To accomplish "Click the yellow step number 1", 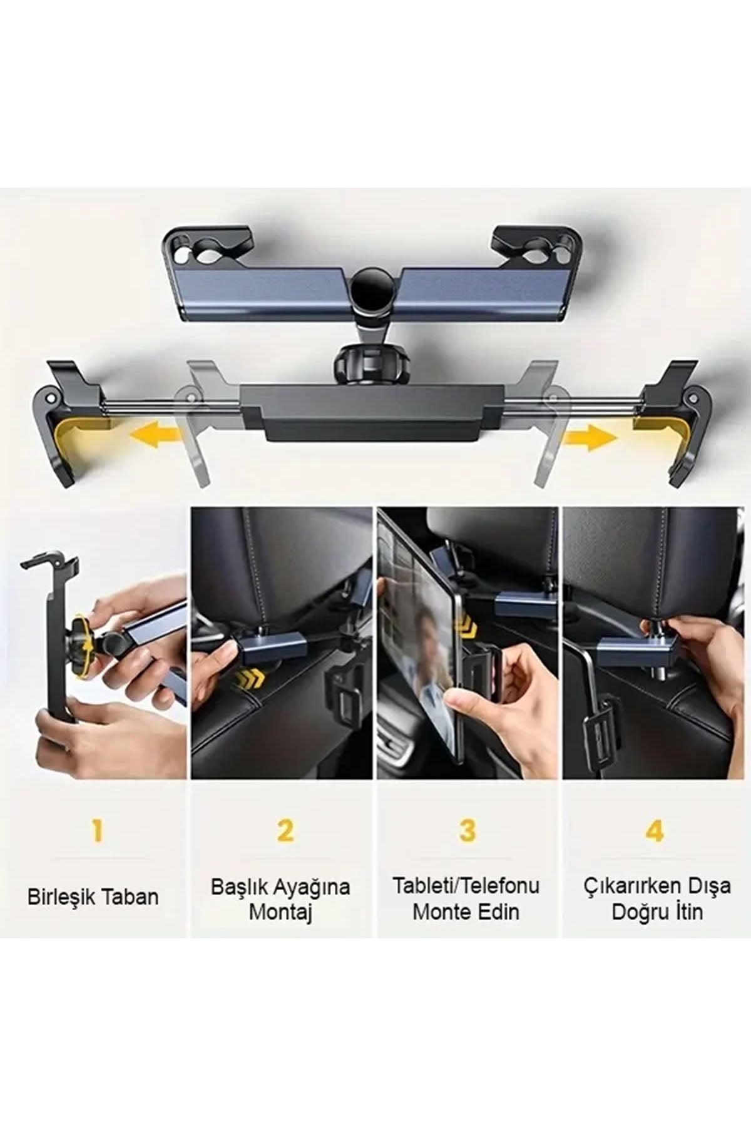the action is pyautogui.click(x=97, y=831).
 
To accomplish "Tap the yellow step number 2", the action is pyautogui.click(x=285, y=831).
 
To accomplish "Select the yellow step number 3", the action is pyautogui.click(x=467, y=831).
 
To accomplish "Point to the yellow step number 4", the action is pyautogui.click(x=655, y=831).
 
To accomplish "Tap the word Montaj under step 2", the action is pyautogui.click(x=280, y=911).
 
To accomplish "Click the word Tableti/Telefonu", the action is pyautogui.click(x=466, y=886).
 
